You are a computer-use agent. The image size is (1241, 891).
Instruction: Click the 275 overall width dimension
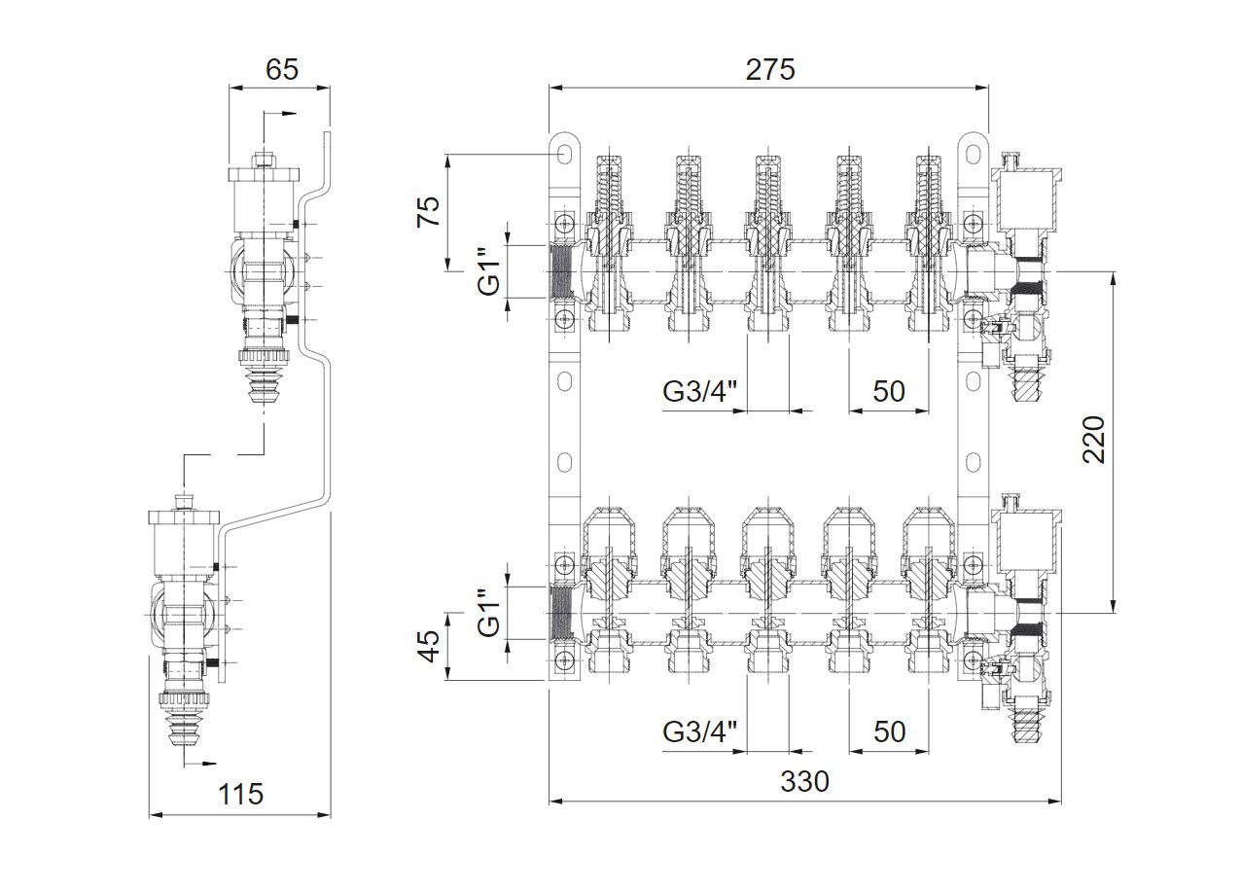(x=769, y=70)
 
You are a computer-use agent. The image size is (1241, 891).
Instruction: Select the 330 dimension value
(x=804, y=781)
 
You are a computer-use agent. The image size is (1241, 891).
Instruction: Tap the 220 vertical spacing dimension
(x=1093, y=440)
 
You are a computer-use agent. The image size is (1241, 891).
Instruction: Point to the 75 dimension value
(x=429, y=211)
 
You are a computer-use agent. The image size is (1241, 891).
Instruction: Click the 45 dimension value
(x=429, y=646)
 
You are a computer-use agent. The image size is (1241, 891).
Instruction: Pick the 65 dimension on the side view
(x=280, y=70)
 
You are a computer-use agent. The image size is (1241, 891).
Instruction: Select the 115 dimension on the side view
(x=240, y=794)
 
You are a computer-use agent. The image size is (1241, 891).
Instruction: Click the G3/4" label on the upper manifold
(x=700, y=391)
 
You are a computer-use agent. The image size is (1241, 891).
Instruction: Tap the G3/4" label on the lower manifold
(x=700, y=731)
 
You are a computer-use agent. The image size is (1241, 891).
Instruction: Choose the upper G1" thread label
(x=490, y=270)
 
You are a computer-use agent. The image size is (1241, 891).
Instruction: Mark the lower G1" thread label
(x=490, y=613)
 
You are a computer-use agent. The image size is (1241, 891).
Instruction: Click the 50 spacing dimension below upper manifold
(x=888, y=391)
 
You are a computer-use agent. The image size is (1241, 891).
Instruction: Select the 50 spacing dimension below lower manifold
(x=888, y=731)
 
